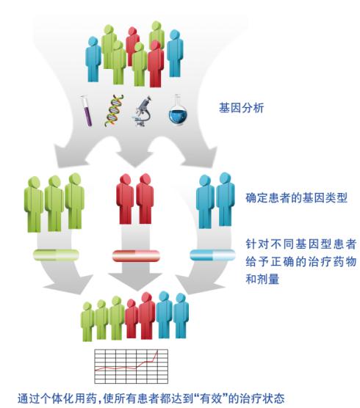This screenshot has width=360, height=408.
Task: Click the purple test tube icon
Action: (x=86, y=112)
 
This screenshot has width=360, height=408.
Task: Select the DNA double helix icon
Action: (x=114, y=111)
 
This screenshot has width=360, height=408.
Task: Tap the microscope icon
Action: (x=142, y=111)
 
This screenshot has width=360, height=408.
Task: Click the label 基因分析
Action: (x=242, y=108)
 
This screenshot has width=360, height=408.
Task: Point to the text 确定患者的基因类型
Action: (x=296, y=198)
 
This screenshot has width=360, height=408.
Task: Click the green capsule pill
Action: (x=56, y=255)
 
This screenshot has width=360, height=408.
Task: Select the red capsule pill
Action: (x=136, y=256)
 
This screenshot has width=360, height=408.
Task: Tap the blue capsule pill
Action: (x=212, y=255)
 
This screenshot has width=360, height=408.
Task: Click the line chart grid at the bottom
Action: (x=132, y=366)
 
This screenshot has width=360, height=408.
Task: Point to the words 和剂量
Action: (x=262, y=279)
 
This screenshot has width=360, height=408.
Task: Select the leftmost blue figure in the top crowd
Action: (x=93, y=59)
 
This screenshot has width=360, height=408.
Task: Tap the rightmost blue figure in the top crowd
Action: (x=175, y=53)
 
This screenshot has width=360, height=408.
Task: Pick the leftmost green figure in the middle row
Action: (x=34, y=204)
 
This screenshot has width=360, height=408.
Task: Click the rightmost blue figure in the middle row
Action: (x=226, y=200)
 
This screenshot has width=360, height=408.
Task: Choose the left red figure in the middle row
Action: (x=126, y=200)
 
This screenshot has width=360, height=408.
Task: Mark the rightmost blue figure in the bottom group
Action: (x=181, y=316)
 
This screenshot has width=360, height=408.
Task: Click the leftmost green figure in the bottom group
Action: (x=87, y=321)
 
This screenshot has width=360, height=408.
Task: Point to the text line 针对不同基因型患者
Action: (x=301, y=244)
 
